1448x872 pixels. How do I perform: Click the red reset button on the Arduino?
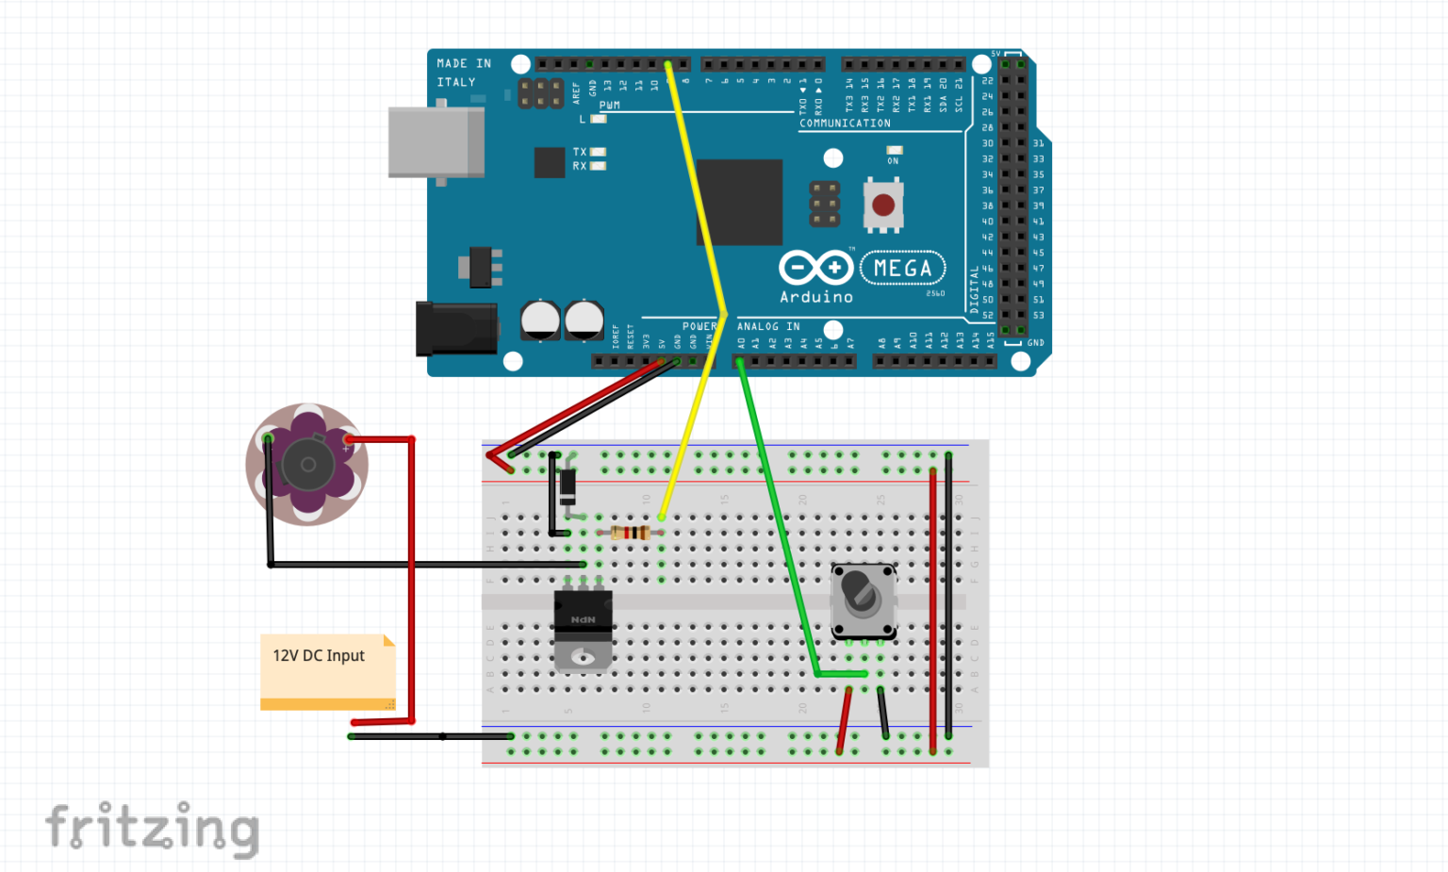point(883,205)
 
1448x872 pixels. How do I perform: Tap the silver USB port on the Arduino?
point(436,142)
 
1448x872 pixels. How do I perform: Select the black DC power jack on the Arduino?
point(456,328)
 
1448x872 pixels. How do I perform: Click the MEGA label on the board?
point(902,269)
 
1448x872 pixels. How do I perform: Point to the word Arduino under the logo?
point(815,297)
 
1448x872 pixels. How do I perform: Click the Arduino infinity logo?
point(815,268)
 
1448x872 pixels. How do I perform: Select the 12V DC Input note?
point(326,670)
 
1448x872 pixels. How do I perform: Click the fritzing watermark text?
point(152,829)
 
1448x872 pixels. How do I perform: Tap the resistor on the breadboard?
point(630,533)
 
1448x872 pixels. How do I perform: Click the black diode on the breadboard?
point(568,486)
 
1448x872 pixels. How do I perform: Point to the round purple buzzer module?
point(306,464)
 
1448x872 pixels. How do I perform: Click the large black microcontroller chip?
point(740,202)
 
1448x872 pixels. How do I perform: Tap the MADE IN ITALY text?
point(463,73)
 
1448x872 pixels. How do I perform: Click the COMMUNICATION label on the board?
point(845,123)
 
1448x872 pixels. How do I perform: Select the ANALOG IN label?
point(767,327)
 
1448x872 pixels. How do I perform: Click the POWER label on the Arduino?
point(699,327)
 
